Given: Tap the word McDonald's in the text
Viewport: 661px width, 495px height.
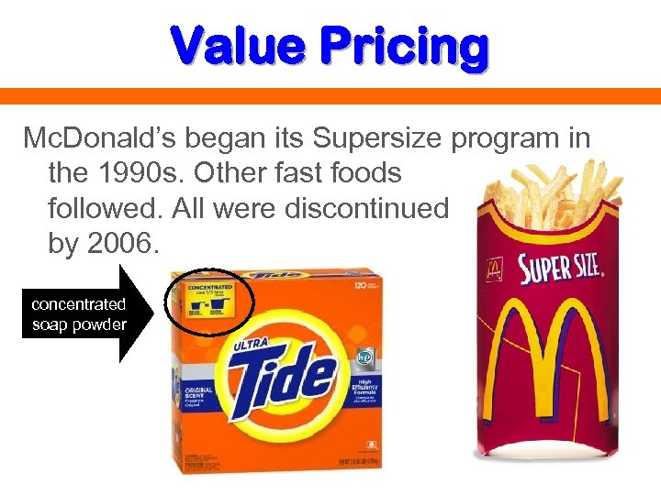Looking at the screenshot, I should point(100,139).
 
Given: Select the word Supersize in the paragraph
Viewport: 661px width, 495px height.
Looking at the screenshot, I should point(380,139).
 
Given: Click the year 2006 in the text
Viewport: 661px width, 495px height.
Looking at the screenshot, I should point(119,244).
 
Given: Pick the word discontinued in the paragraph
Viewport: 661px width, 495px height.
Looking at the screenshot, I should point(366,209).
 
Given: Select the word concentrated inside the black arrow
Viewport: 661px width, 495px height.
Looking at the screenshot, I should point(78,304).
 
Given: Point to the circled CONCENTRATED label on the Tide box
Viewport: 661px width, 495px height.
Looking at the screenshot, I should point(208,302).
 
